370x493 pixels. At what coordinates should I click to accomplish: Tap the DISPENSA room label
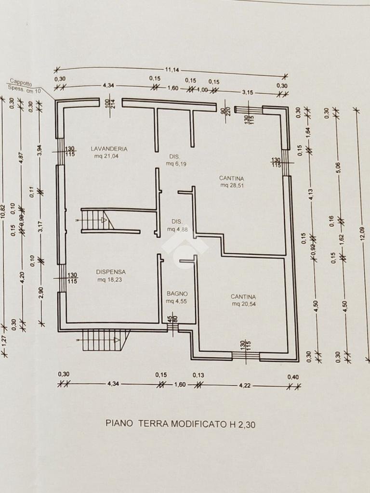click(110, 272)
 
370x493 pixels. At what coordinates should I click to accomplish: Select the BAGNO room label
click(177, 293)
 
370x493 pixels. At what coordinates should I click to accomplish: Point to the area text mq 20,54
click(243, 304)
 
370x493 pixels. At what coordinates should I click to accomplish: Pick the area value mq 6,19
click(176, 164)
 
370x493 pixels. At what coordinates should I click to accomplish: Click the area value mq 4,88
click(177, 229)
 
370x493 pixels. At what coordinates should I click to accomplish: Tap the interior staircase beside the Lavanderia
click(97, 221)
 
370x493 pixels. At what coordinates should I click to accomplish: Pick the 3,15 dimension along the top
click(247, 92)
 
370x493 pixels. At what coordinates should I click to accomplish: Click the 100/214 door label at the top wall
click(110, 104)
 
